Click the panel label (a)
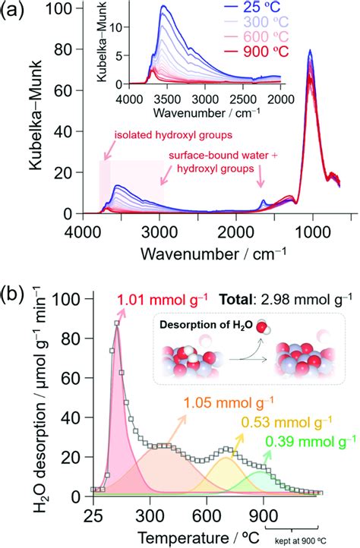pos(17,11)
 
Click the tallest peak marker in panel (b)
pos(117,324)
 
